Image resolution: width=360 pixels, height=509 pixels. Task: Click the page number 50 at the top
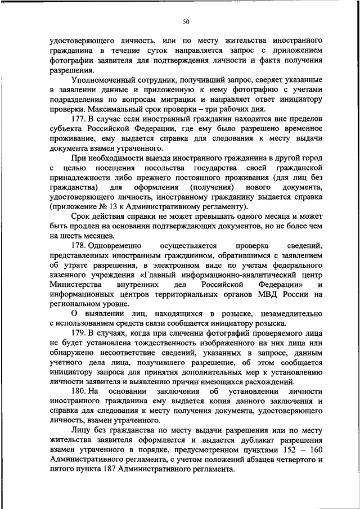(x=186, y=22)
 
